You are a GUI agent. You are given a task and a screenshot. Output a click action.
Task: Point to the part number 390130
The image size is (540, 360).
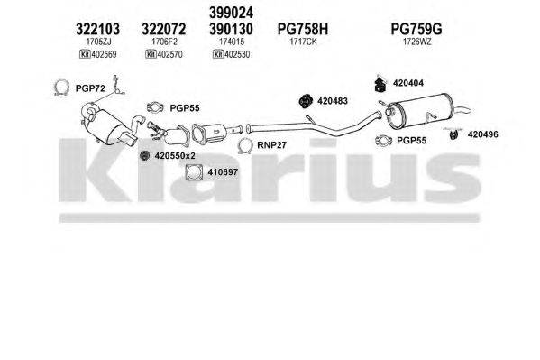(233, 30)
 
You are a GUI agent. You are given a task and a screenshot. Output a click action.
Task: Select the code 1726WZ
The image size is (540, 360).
(414, 42)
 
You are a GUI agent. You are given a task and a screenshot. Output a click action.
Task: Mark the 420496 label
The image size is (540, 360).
(481, 134)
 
